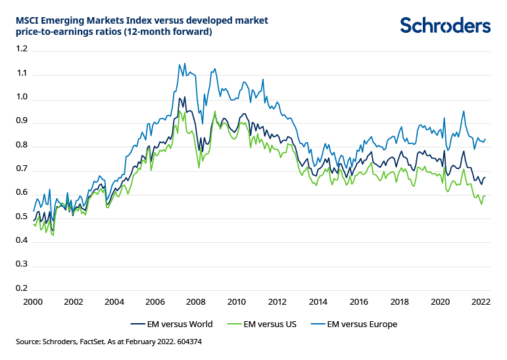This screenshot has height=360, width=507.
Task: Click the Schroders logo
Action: tap(445, 26)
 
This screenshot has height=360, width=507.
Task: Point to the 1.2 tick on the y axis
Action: tap(22, 49)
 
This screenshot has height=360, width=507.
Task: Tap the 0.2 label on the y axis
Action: tap(22, 289)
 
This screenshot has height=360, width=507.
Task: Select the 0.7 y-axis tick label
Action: tap(22, 169)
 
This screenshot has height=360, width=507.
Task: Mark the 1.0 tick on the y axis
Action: tap(22, 97)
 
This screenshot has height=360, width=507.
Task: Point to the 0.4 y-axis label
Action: tap(22, 241)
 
